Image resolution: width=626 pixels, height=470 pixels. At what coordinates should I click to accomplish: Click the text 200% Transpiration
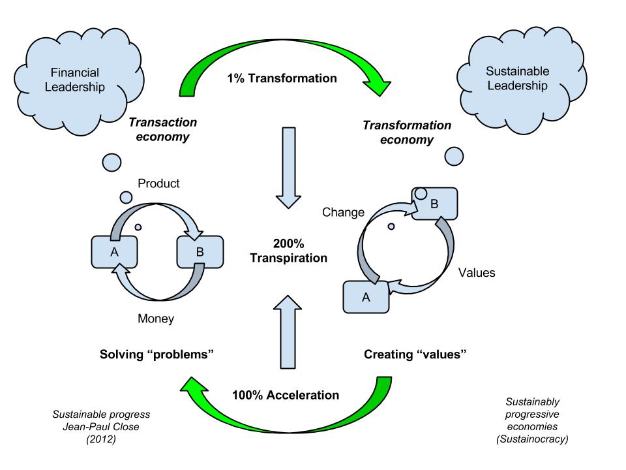(288, 250)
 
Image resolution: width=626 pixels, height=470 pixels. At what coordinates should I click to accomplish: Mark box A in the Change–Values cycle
(366, 297)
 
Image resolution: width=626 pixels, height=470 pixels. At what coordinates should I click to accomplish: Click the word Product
(158, 183)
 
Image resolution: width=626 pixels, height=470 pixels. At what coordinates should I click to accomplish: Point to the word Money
(156, 319)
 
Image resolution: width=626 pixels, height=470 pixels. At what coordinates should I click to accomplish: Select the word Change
(344, 212)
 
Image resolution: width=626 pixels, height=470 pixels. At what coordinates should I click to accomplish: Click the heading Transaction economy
(162, 129)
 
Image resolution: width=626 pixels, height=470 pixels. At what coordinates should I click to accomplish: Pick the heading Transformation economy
(407, 133)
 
